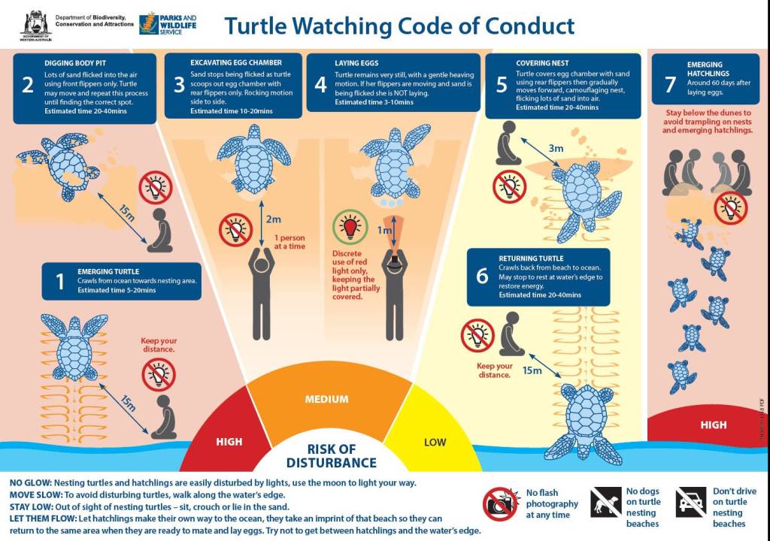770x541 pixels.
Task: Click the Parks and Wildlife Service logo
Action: coord(168,23)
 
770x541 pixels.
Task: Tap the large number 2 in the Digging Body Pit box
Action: coord(28,84)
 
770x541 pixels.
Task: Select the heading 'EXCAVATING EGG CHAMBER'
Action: coord(236,62)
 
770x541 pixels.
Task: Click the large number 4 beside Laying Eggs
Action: coord(320,84)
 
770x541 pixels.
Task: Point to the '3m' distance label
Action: coord(556,148)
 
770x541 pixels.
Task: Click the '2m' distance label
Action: coord(274,219)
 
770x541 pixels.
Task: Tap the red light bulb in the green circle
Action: coord(350,228)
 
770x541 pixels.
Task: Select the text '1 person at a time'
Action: coord(290,242)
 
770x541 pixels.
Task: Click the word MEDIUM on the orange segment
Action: coord(326,399)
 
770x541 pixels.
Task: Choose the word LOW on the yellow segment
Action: coord(435,443)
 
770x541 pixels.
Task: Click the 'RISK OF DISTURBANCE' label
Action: coord(332,456)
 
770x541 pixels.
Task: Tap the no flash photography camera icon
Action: coord(501,504)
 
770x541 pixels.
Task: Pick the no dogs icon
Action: coord(605,502)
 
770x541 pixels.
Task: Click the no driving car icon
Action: coord(691,502)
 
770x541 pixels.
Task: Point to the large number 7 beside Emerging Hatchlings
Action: coord(670,84)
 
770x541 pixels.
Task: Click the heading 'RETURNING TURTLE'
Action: coord(531,258)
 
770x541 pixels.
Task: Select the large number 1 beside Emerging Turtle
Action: coord(60,282)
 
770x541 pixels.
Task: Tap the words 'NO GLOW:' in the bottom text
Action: coord(30,483)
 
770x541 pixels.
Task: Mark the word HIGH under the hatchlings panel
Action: coord(713,425)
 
